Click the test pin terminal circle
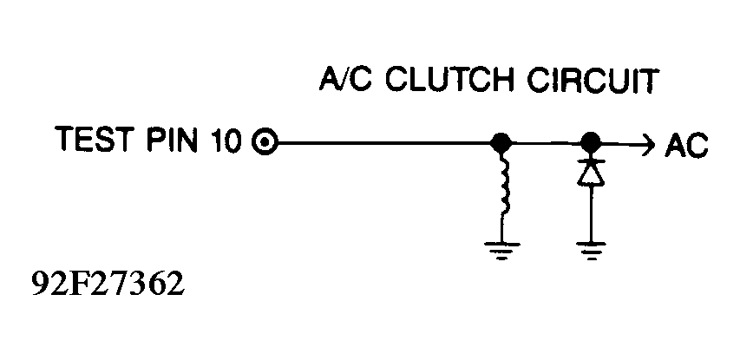pos(265,141)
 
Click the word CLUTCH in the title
pos(449,80)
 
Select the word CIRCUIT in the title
pos(593,80)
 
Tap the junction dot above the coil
pos(501,141)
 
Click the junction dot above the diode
pos(590,141)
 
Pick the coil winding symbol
pos(503,184)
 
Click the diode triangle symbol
pos(591,175)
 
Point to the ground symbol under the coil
pos(501,251)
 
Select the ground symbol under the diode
pos(591,251)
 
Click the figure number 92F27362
pos(107,284)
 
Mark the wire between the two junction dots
pos(546,141)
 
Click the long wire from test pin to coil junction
pos(383,141)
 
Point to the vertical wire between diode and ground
pos(591,213)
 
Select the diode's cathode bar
pos(591,162)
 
